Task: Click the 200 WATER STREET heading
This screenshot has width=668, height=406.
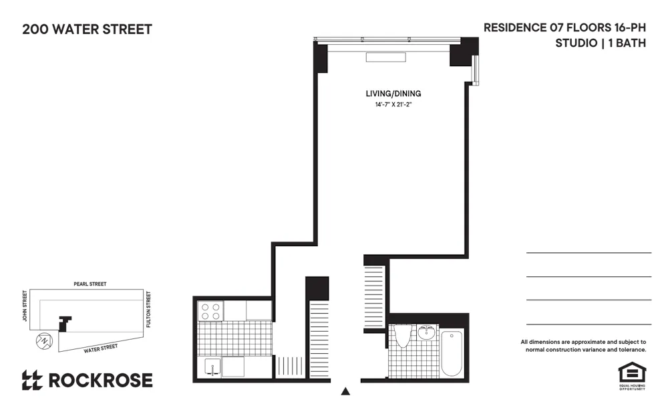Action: click(87, 29)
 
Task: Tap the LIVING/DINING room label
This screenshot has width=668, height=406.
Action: click(393, 94)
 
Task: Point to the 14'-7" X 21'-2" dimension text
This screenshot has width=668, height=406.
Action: click(393, 105)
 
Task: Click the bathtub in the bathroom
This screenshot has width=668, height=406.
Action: click(452, 353)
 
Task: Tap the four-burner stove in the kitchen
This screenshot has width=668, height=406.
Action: click(211, 311)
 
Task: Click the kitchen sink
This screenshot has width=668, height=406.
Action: click(212, 367)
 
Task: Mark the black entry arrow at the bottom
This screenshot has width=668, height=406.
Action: click(345, 391)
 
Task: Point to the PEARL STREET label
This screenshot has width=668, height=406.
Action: click(90, 284)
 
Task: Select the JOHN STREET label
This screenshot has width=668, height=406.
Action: click(25, 306)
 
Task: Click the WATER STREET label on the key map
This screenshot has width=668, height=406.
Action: click(100, 348)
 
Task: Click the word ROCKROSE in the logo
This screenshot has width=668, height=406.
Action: click(100, 381)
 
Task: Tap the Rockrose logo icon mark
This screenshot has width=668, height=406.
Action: click(31, 381)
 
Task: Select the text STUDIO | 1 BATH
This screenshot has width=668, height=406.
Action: click(601, 43)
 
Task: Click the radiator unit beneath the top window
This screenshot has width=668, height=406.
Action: click(385, 57)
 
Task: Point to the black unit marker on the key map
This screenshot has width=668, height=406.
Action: click(65, 323)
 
